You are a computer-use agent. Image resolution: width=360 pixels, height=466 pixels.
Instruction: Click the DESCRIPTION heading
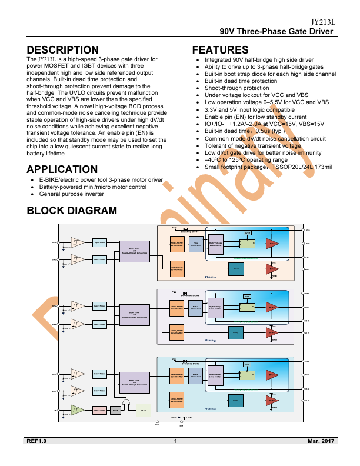pyautogui.click(x=63, y=50)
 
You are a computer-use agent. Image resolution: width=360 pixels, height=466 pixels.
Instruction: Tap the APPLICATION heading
pyautogui.click(x=62, y=169)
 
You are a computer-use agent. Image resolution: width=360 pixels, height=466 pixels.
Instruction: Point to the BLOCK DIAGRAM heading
pyautogui.click(x=72, y=210)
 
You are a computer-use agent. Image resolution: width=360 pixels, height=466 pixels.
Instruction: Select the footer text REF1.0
pyautogui.click(x=36, y=441)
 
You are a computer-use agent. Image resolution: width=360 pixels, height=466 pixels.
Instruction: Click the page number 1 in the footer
pyautogui.click(x=176, y=441)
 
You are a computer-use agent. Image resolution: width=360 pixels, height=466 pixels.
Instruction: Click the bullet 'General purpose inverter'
pyautogui.click(x=71, y=194)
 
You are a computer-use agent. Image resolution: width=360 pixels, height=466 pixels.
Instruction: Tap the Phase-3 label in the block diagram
pyautogui.click(x=211, y=408)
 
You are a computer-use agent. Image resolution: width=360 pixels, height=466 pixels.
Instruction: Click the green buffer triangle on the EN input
pyautogui.click(x=76, y=410)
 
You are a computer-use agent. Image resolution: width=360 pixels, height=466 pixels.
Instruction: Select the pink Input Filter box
pyautogui.click(x=99, y=410)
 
